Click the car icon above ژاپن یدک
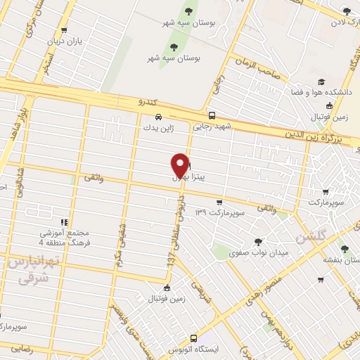click(159, 117)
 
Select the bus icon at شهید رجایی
click(212, 115)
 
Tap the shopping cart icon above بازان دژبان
click(65, 30)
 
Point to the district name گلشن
click(311, 237)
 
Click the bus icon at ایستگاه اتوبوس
click(194, 337)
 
